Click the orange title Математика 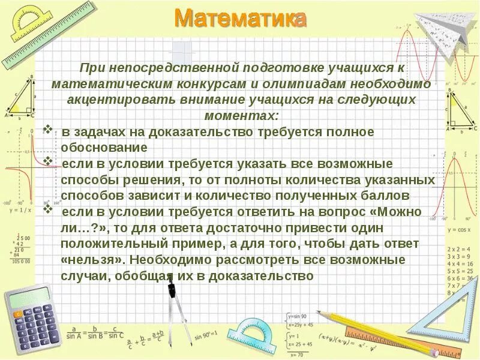[241, 19]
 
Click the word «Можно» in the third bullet [401, 212]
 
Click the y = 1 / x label [20, 210]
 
